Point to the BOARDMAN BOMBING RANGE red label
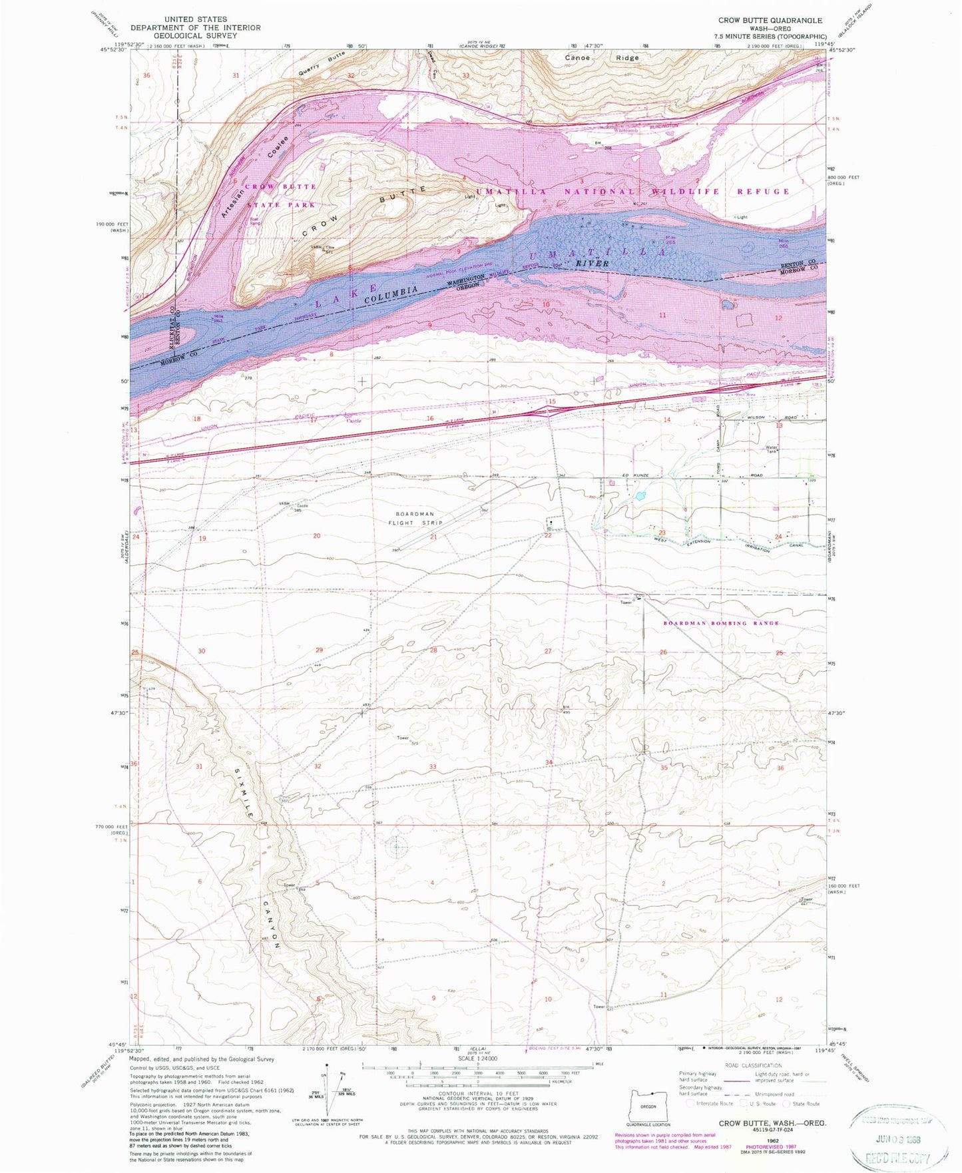(x=721, y=623)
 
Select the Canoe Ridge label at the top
(x=602, y=58)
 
